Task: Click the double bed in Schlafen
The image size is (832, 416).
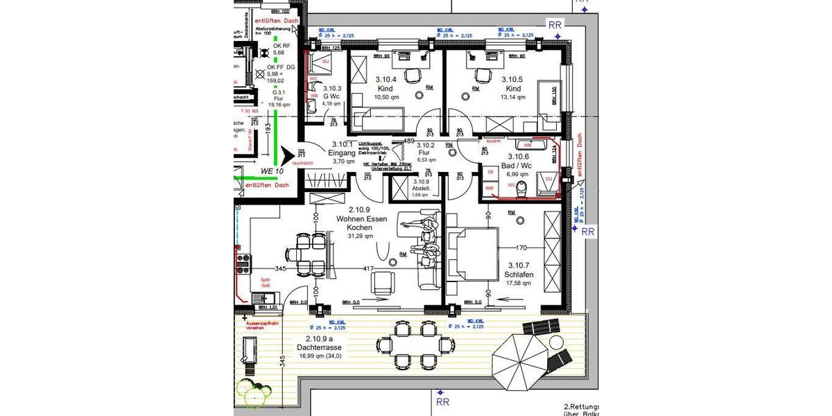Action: tap(474, 254)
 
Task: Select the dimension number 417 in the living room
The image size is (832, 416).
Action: tap(368, 268)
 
